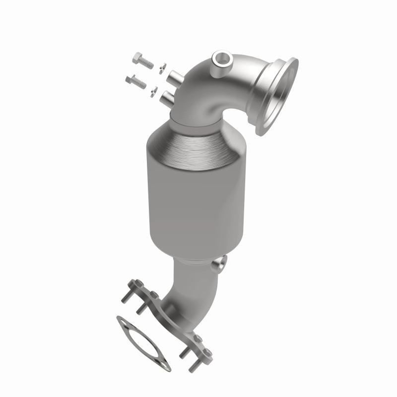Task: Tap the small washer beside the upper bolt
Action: pyautogui.click(x=162, y=68)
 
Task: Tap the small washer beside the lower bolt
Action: pyautogui.click(x=155, y=90)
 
